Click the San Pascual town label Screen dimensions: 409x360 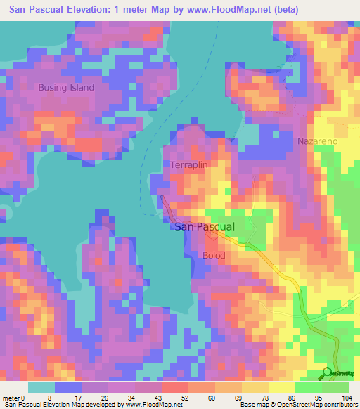tap(203, 227)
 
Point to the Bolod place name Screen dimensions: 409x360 tap(214, 255)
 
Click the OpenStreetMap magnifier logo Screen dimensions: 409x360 tap(327, 372)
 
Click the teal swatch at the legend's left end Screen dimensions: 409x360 tap(41, 387)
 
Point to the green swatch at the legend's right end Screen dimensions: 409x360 tap(335, 387)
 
